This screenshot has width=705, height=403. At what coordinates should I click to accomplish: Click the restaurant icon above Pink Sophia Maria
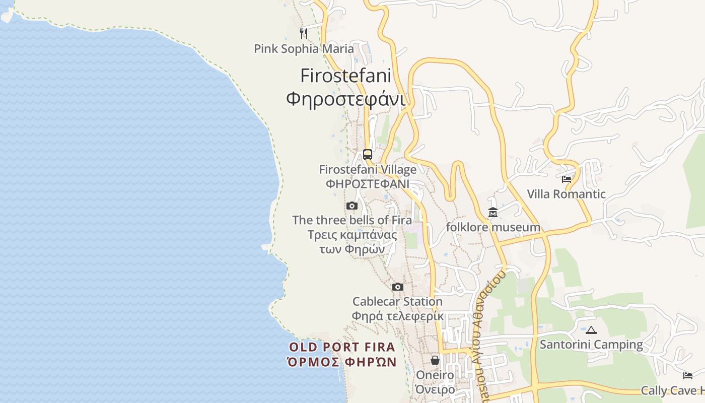pyautogui.click(x=303, y=34)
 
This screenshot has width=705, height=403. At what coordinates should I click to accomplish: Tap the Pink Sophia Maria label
pyautogui.click(x=304, y=49)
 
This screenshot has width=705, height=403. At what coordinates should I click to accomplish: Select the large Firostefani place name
pyautogui.click(x=345, y=76)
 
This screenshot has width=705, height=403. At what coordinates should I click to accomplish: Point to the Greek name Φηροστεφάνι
pyautogui.click(x=345, y=98)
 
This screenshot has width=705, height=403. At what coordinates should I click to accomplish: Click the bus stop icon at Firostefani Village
pyautogui.click(x=368, y=155)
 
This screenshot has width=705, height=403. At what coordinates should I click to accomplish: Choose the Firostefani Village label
pyautogui.click(x=368, y=170)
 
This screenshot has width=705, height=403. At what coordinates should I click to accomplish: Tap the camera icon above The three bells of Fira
pyautogui.click(x=352, y=206)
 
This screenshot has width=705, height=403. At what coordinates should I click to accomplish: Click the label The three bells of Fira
pyautogui.click(x=352, y=220)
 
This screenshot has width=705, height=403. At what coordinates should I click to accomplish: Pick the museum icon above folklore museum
pyautogui.click(x=492, y=213)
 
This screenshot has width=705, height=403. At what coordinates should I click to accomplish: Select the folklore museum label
pyautogui.click(x=493, y=227)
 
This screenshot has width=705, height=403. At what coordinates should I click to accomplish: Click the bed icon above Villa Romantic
pyautogui.click(x=567, y=179)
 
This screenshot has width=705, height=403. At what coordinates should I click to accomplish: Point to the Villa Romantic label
pyautogui.click(x=566, y=194)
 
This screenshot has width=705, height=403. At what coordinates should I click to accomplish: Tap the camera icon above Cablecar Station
pyautogui.click(x=398, y=287)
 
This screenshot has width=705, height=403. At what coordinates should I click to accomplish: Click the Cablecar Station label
pyautogui.click(x=397, y=302)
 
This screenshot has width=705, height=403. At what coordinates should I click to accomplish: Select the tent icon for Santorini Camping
pyautogui.click(x=591, y=330)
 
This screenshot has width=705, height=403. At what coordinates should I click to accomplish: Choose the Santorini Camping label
pyautogui.click(x=591, y=345)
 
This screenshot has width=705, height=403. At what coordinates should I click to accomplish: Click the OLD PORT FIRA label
pyautogui.click(x=342, y=347)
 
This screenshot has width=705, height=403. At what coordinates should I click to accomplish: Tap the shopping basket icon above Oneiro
pyautogui.click(x=435, y=360)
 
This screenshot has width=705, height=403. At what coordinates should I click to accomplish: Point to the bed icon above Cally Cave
pyautogui.click(x=688, y=376)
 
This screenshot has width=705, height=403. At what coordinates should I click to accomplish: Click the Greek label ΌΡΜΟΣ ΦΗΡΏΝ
pyautogui.click(x=342, y=362)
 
